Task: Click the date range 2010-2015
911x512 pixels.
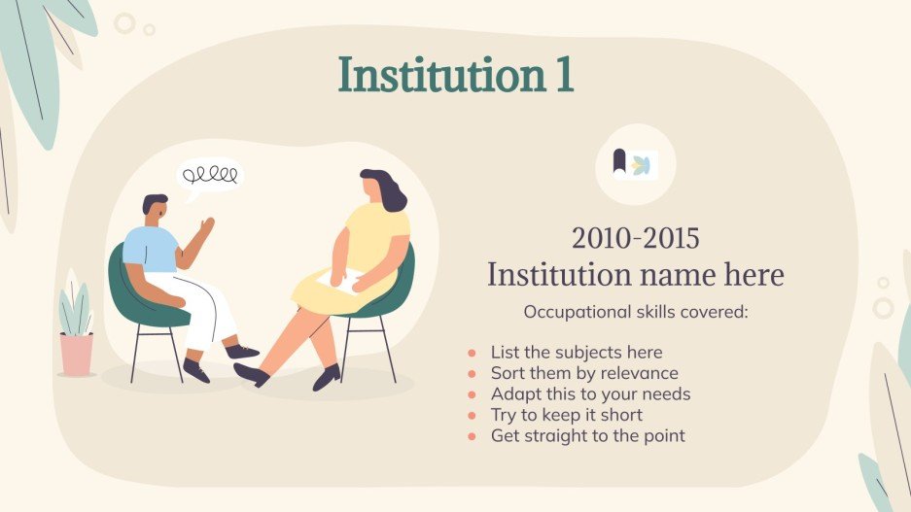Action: (635, 238)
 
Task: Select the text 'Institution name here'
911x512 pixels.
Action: (635, 275)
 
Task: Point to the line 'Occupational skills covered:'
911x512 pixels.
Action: (635, 313)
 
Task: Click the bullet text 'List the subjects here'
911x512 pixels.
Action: (576, 352)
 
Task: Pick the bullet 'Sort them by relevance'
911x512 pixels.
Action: (583, 373)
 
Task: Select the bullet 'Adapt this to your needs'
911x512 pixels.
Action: (590, 394)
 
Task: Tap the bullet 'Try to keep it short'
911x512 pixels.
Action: (566, 415)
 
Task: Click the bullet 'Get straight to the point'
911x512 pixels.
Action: (587, 436)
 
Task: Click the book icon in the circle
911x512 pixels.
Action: (635, 164)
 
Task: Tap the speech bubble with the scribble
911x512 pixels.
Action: (209, 178)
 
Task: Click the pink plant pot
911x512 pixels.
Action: (76, 354)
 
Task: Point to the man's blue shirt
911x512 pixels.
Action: (149, 248)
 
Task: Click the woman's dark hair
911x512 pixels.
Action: (387, 190)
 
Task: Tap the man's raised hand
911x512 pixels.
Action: (206, 225)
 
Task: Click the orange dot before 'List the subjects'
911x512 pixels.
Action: (473, 353)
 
